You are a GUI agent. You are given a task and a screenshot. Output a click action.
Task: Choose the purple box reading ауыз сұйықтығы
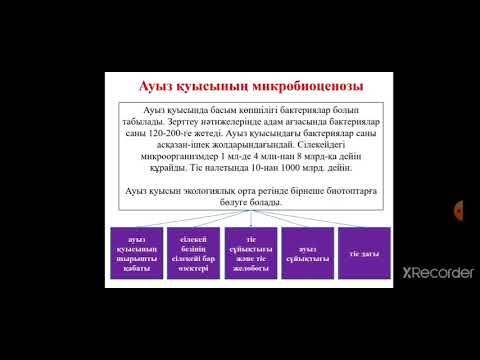click(x=307, y=265)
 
